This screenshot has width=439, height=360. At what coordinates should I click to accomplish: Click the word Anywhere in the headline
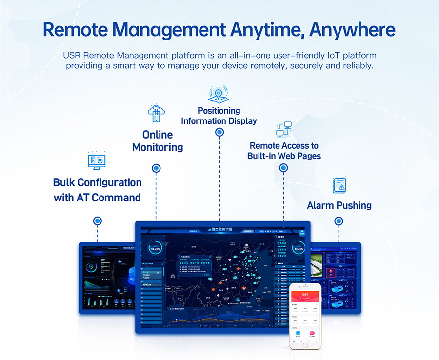point(352,30)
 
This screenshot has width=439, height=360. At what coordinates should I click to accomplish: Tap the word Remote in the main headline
point(81,30)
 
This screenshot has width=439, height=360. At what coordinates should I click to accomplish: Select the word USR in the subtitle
point(73,55)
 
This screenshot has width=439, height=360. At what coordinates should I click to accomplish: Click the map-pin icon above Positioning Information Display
point(219,94)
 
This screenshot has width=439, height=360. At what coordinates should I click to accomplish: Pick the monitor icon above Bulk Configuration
point(97,160)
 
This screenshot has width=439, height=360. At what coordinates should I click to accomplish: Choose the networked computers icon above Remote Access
point(283,130)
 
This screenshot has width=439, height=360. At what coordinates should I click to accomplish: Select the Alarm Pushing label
point(339,205)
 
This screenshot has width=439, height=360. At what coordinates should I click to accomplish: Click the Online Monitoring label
point(158,140)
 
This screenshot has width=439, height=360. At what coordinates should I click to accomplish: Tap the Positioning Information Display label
point(219,116)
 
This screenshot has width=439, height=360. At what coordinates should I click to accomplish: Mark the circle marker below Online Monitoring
point(156,168)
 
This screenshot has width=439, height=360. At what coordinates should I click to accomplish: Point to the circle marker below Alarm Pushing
point(339,221)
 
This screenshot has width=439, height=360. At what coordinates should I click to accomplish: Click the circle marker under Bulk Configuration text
point(98,221)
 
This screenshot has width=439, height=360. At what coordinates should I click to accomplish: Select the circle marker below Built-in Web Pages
point(283,168)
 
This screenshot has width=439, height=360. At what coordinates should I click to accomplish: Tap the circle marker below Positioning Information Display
point(219,132)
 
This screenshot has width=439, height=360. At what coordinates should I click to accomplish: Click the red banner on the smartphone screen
point(305,295)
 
